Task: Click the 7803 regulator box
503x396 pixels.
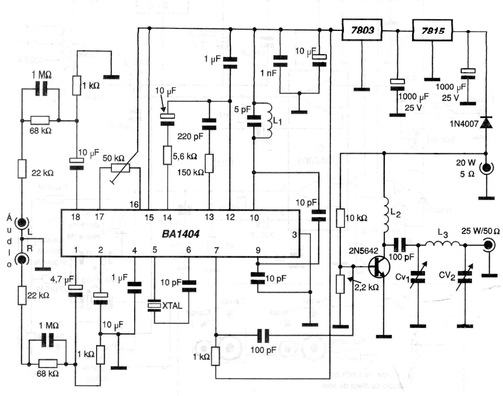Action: [362, 30]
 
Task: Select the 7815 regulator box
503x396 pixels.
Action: [433, 30]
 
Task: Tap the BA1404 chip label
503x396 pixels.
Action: [180, 234]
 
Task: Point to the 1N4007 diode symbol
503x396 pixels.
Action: [486, 123]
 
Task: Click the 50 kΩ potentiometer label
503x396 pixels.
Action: [113, 158]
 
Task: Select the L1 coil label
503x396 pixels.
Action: [277, 121]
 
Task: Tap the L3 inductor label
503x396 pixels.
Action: [443, 234]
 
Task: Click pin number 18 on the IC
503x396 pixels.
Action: [76, 218]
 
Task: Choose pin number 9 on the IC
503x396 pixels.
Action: [258, 250]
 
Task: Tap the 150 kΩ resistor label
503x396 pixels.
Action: [190, 173]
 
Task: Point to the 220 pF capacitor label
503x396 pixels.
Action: [190, 136]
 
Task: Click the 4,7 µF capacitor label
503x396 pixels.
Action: [62, 278]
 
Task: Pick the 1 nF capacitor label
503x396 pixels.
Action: [268, 72]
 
